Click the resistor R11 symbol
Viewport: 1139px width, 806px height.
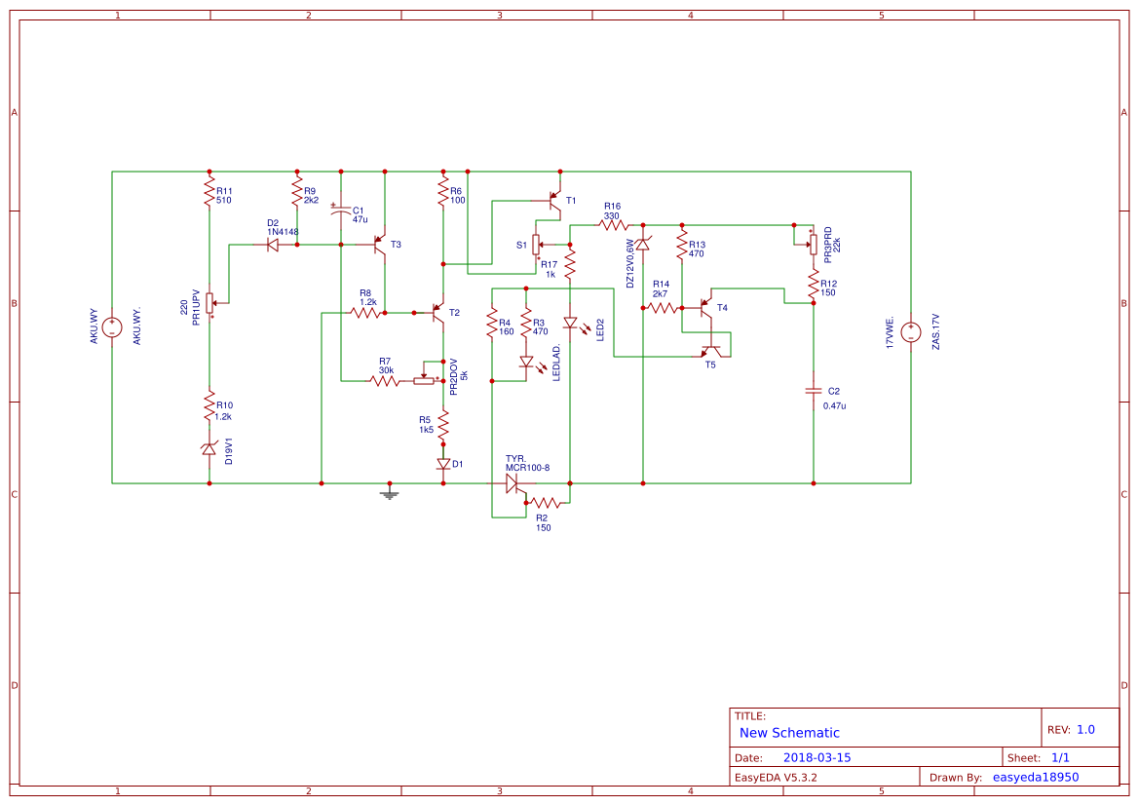pos(209,193)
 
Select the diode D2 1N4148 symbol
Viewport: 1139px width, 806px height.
pos(273,245)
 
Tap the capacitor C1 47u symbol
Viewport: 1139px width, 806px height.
pos(341,211)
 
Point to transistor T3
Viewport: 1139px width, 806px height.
pos(381,248)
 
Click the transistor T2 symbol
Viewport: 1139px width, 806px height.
pos(437,313)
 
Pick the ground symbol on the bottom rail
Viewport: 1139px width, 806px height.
pos(390,493)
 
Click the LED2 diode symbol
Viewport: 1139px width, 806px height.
pos(570,322)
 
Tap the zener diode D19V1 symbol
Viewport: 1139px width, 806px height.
pos(209,448)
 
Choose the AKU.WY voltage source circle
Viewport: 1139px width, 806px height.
pos(112,327)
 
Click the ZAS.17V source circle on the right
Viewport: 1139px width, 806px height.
pos(910,331)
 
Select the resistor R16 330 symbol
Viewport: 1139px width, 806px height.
pos(613,224)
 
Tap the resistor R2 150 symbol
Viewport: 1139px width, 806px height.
pos(543,503)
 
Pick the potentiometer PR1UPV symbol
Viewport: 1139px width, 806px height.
pos(209,303)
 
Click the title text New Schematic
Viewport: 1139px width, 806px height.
pos(789,733)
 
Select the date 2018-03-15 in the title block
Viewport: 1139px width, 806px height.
pos(816,757)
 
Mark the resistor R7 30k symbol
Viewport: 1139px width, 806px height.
pos(385,380)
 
